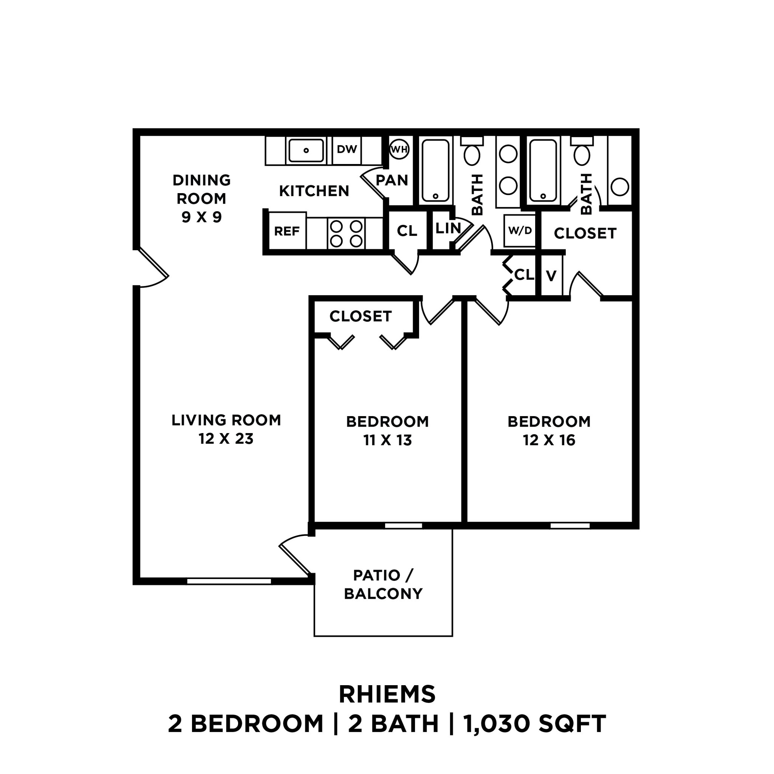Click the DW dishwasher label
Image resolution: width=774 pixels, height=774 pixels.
(347, 149)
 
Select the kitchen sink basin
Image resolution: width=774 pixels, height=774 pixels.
(306, 151)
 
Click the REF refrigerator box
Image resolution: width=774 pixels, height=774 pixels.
(287, 231)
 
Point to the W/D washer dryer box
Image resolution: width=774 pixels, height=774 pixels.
(520, 231)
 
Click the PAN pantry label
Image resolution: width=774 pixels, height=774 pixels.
(392, 180)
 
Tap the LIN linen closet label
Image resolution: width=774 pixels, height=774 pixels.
(448, 228)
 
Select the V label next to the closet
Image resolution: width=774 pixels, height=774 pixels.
(551, 276)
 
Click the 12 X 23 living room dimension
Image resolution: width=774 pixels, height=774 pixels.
(226, 439)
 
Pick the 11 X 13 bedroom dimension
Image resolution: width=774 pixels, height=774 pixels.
(387, 440)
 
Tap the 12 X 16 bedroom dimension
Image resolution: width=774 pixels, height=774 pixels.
(549, 440)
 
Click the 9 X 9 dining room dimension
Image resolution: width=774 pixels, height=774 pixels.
(201, 217)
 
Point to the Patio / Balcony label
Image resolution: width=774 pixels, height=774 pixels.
(383, 584)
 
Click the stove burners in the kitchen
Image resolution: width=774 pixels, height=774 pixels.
(346, 234)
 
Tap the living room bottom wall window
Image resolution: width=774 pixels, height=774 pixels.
(229, 581)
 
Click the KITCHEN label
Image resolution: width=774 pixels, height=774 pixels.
(314, 191)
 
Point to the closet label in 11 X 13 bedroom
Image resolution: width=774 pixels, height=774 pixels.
(360, 316)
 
